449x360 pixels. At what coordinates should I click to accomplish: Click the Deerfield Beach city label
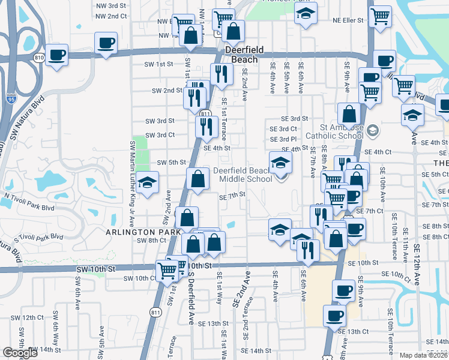[x=241, y=55]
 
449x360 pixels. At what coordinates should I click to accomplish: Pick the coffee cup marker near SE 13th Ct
[x=334, y=316]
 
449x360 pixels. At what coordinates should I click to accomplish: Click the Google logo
[x=20, y=353]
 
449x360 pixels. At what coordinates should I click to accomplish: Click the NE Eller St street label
[x=349, y=20]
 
